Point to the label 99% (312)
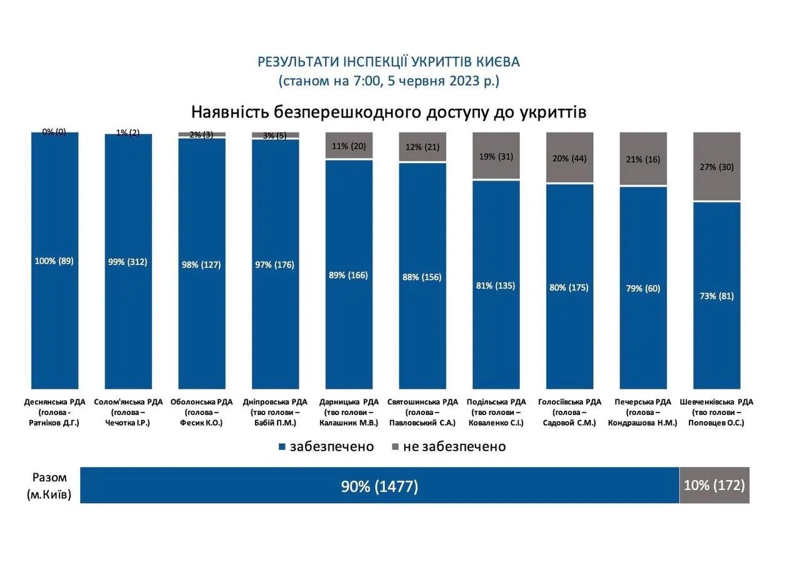tap(127, 262)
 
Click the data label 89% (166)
tap(349, 275)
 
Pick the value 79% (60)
tap(643, 288)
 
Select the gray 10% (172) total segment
tap(714, 486)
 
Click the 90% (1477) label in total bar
tap(379, 486)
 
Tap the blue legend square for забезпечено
tap(282, 447)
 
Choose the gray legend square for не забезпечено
tap(395, 447)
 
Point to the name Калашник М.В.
tap(349, 423)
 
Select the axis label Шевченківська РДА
tap(716, 402)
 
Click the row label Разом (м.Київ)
tap(49, 486)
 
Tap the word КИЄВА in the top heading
tap(497, 62)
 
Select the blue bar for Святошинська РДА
tap(422, 312)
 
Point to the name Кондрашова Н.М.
tap(642, 423)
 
